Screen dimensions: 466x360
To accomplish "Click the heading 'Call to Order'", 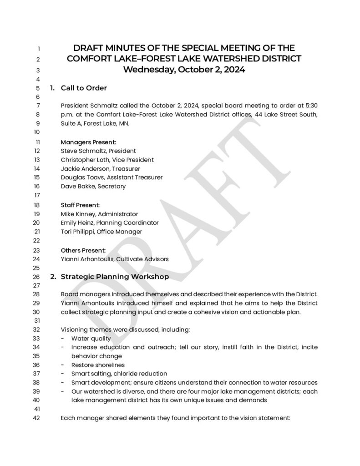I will click(84, 88).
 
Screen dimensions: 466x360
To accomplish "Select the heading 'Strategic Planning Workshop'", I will click(115, 277).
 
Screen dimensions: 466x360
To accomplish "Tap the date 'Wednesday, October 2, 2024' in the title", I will click(184, 70).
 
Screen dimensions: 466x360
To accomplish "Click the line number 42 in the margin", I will click(38, 419).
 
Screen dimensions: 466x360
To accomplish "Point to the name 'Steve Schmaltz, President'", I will click(98, 151).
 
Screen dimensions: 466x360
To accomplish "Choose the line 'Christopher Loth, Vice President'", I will click(107, 160).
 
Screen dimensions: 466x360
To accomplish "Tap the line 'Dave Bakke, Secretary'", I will click(93, 186).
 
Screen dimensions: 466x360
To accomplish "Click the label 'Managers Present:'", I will click(88, 142).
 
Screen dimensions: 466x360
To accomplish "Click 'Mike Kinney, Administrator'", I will click(99, 214).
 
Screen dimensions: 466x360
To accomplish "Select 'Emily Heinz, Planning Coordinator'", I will click(110, 223).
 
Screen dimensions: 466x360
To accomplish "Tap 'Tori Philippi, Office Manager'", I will click(101, 232).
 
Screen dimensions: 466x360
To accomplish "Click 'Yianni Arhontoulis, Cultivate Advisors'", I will click(115, 259).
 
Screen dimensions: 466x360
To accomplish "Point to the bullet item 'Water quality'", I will click(91, 339).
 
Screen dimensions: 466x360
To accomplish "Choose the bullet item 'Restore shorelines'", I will click(98, 365).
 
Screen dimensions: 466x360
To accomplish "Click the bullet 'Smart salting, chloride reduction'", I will click(119, 374).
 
